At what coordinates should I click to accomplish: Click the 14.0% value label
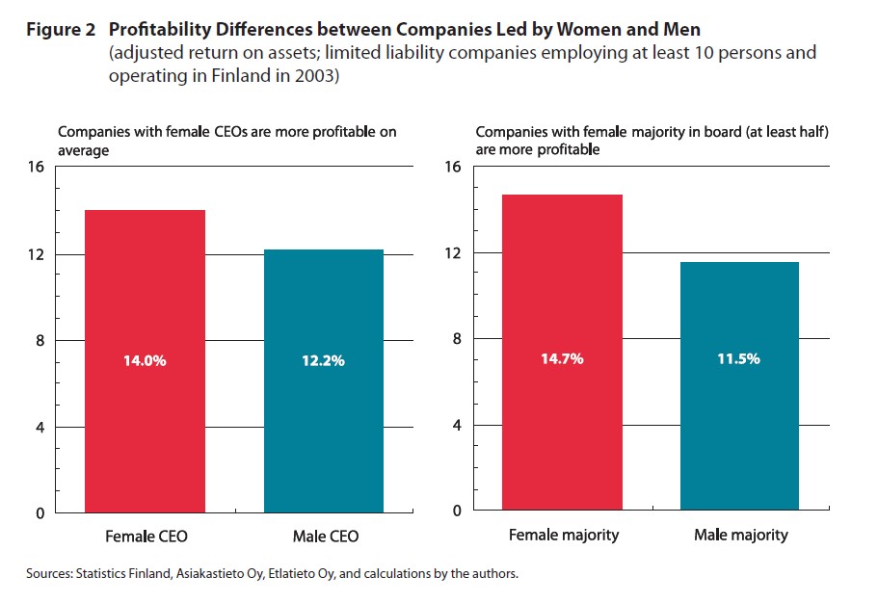pyautogui.click(x=145, y=361)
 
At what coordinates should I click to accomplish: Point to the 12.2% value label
pyautogui.click(x=323, y=361)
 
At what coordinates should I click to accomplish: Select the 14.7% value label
pyautogui.click(x=563, y=359)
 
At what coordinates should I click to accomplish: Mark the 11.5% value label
pyautogui.click(x=739, y=359)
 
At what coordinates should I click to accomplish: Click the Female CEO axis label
pyautogui.click(x=145, y=536)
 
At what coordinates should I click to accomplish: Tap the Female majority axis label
pyautogui.click(x=563, y=535)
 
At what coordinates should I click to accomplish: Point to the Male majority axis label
pyautogui.click(x=740, y=535)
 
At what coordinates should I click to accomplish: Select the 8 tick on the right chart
pyautogui.click(x=457, y=338)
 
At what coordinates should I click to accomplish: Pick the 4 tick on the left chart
pyautogui.click(x=40, y=427)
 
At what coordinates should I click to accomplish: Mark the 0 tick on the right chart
pyautogui.click(x=457, y=511)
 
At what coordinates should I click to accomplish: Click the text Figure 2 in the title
pyautogui.click(x=60, y=30)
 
